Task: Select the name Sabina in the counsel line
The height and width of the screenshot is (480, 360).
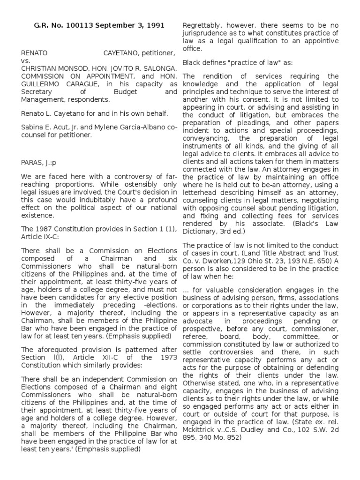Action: [x=32, y=128]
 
